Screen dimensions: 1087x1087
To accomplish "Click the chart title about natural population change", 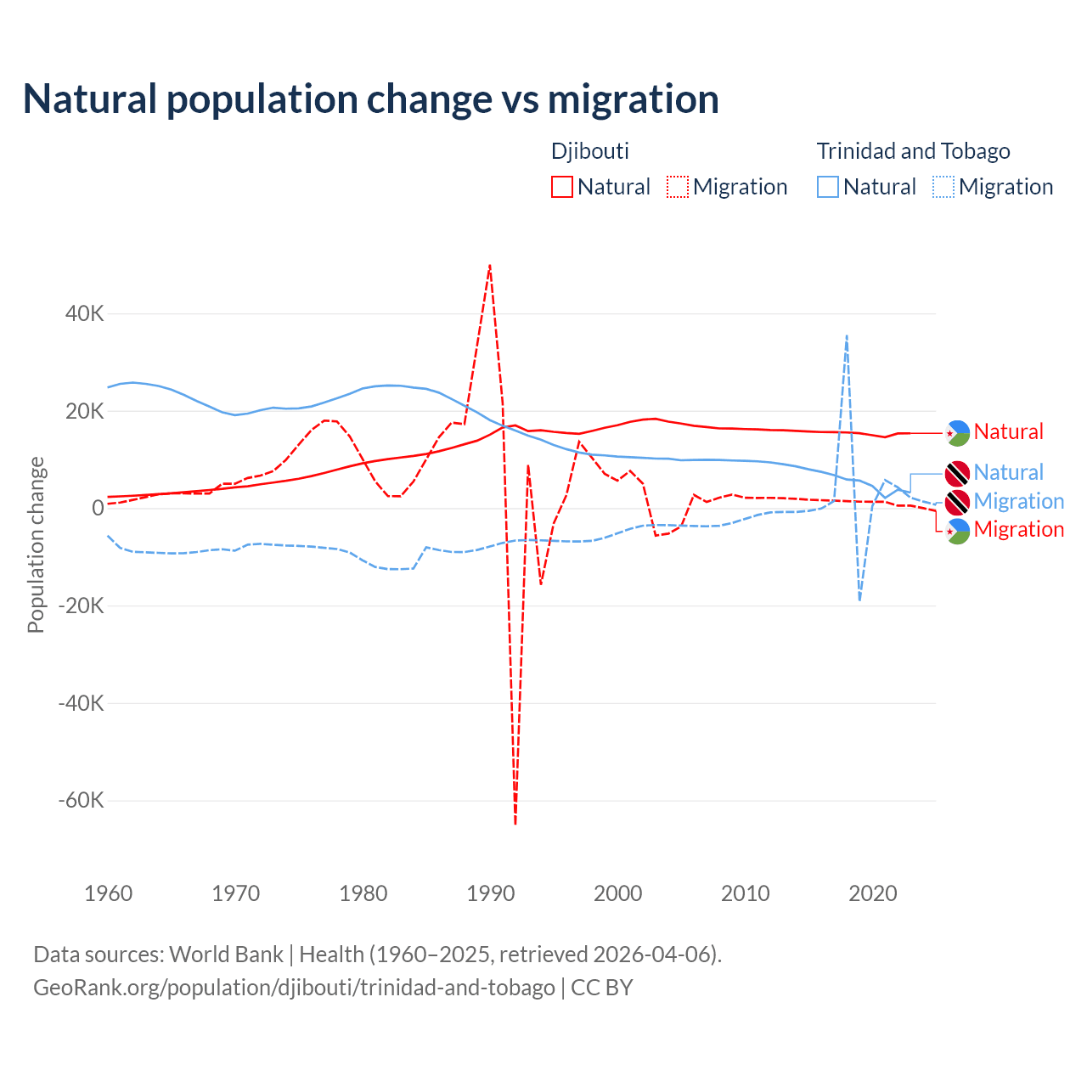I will pyautogui.click(x=370, y=99).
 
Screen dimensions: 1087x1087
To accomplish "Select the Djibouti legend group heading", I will pyautogui.click(x=590, y=151).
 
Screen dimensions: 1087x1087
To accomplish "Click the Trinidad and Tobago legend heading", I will pyautogui.click(x=913, y=151).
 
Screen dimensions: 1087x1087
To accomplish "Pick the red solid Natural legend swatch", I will pyautogui.click(x=562, y=187).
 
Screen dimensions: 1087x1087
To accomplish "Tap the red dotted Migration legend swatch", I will pyautogui.click(x=678, y=187).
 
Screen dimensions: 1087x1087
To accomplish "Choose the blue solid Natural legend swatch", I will pyautogui.click(x=828, y=187).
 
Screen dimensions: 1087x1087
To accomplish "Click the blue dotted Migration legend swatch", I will pyautogui.click(x=943, y=187).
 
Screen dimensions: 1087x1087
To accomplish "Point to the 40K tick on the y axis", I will pyautogui.click(x=85, y=313).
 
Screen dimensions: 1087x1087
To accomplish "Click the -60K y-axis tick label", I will pyautogui.click(x=81, y=800).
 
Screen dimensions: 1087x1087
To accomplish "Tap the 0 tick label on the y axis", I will pyautogui.click(x=99, y=508).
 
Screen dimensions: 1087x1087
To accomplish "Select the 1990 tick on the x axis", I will pyautogui.click(x=491, y=893).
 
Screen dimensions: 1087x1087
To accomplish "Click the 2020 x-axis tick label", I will pyautogui.click(x=873, y=893).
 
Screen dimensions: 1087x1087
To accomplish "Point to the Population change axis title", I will pyautogui.click(x=36, y=544).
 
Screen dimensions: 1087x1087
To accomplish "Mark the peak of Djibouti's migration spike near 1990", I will pyautogui.click(x=490, y=265).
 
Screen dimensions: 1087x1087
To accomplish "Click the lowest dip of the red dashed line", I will pyautogui.click(x=515, y=823).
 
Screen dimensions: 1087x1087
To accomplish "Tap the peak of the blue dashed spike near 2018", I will pyautogui.click(x=847, y=336).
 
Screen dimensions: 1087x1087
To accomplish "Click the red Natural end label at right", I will pyautogui.click(x=1008, y=431).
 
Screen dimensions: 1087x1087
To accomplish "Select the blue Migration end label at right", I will pyautogui.click(x=1018, y=501).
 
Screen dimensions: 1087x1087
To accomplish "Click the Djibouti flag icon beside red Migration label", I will pyautogui.click(x=958, y=531).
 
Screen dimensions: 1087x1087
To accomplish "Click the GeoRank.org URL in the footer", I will pyautogui.click(x=294, y=988).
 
